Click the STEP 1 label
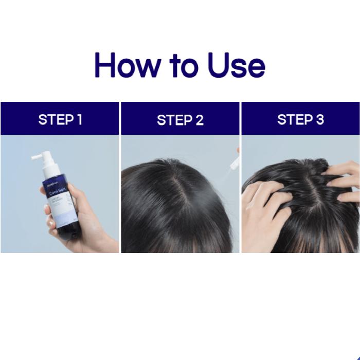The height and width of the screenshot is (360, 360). pyautogui.click(x=60, y=120)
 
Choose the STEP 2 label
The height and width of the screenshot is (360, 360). pyautogui.click(x=180, y=120)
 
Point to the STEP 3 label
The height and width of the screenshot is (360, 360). pyautogui.click(x=300, y=120)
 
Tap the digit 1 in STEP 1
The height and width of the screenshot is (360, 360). pyautogui.click(x=79, y=120)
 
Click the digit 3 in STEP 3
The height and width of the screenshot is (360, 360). pyautogui.click(x=320, y=120)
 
